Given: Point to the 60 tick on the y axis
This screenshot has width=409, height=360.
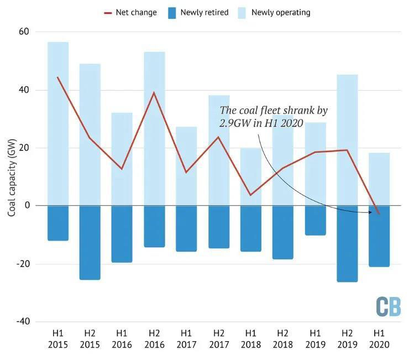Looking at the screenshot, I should [x=23, y=32].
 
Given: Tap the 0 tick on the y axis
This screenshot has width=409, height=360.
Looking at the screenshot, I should [x=26, y=206].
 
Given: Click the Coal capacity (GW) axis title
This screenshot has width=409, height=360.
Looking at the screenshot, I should [x=12, y=177].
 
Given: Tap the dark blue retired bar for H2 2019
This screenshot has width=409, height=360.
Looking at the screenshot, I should [x=347, y=243].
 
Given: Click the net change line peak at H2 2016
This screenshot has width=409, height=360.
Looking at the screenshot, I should [x=154, y=92].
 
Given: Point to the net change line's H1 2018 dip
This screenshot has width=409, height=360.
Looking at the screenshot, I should [x=250, y=195].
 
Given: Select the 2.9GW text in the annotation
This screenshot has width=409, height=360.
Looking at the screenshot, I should [x=234, y=123].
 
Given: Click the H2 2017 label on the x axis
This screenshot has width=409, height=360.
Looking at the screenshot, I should [x=218, y=338].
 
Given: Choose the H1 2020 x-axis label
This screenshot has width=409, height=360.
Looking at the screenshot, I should [x=379, y=338].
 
